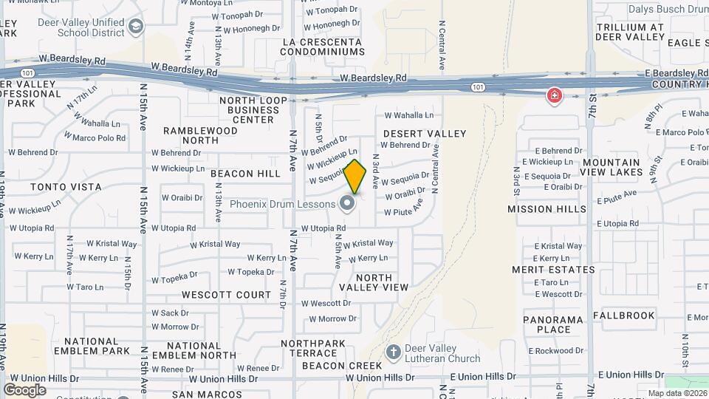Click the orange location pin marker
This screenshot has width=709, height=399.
point(355,177)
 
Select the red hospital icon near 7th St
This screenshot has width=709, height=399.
point(553,96)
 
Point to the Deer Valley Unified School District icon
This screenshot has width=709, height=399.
point(136,28)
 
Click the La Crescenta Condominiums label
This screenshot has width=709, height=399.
point(323,47)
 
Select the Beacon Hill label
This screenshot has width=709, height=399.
point(245,174)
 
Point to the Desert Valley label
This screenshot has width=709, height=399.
point(425,134)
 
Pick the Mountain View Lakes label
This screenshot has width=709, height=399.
point(611,167)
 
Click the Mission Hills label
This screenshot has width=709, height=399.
point(547,209)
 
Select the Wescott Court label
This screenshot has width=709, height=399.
point(226,295)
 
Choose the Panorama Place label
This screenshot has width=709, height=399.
point(554,324)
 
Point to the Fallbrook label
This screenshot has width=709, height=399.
point(628,316)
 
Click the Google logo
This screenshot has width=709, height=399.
point(24,389)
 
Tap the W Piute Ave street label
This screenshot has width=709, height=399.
point(403,211)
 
